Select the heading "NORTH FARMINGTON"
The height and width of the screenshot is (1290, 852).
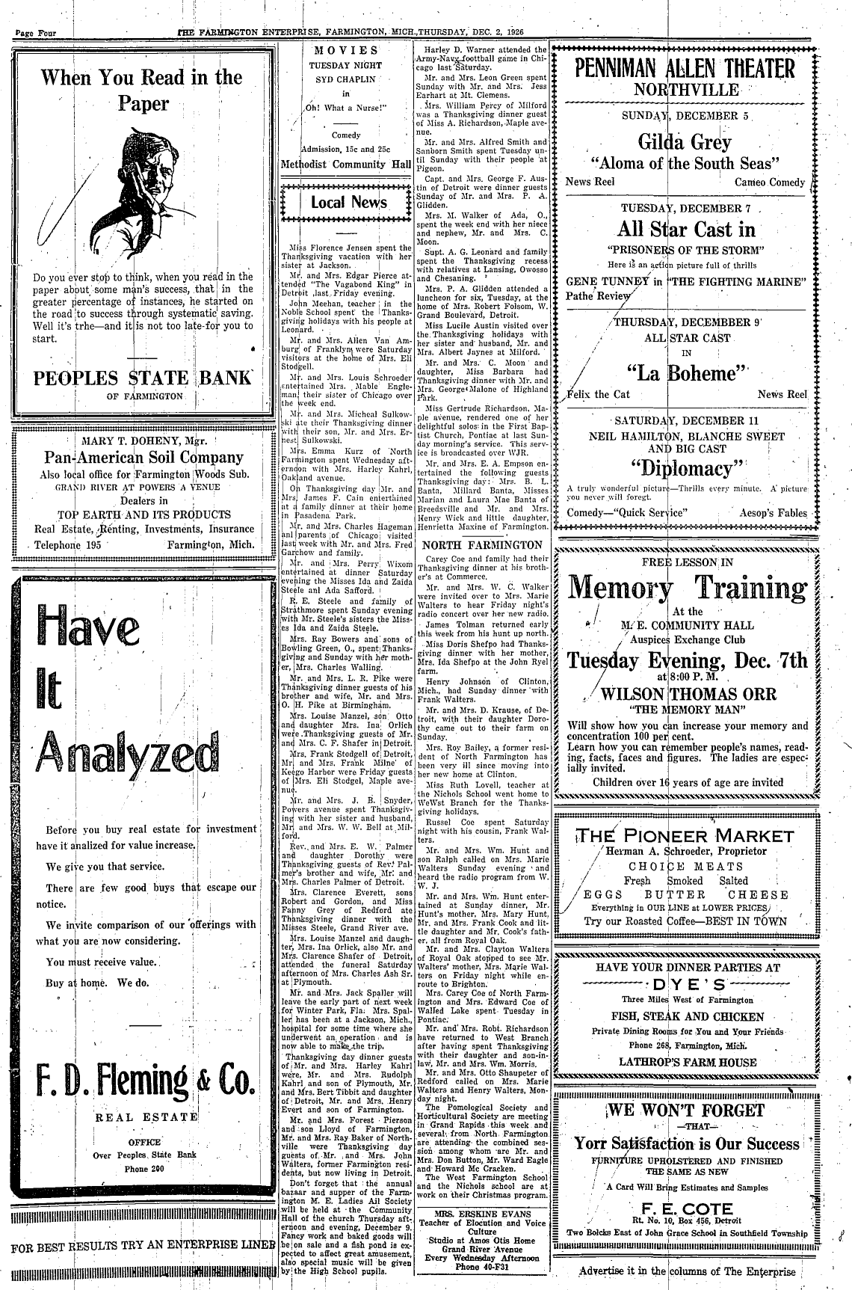483,544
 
